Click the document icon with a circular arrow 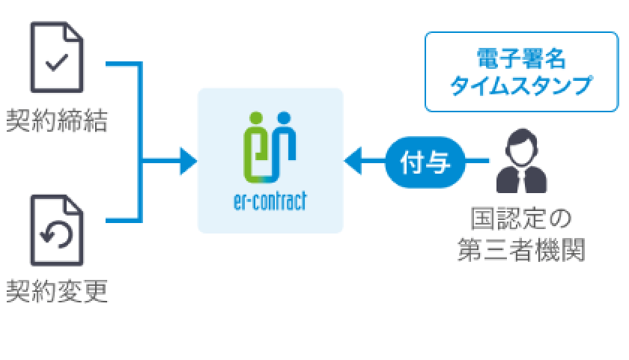click(x=57, y=231)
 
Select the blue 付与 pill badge click(x=425, y=160)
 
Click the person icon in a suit click(x=522, y=162)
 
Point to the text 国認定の click(x=521, y=220)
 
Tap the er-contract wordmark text click(x=270, y=202)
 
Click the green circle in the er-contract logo click(x=255, y=118)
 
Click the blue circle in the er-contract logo click(x=283, y=118)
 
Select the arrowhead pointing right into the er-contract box click(x=188, y=160)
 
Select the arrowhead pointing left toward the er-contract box click(x=353, y=160)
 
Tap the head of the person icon click(x=522, y=144)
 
